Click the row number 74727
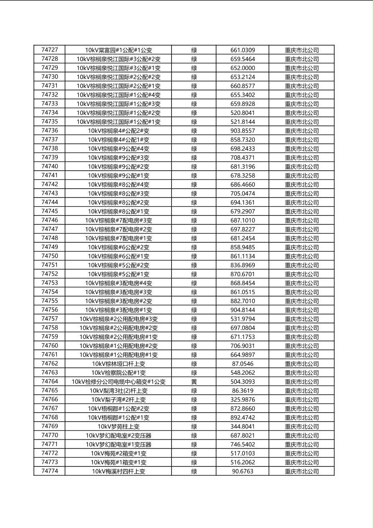50,50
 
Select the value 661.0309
243,50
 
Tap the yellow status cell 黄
194,382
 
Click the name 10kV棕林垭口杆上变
118,364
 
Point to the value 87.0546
243,364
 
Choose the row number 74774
50,471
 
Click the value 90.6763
243,472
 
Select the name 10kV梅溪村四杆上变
118,472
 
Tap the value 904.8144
243,310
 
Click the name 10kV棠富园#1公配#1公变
118,50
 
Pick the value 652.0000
243,68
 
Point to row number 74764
50,381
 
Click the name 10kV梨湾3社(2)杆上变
118,391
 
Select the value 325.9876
243,400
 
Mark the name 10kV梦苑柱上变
118,427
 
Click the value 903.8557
243,131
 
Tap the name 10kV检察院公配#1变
118,373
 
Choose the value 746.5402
243,444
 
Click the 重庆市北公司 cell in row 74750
302,256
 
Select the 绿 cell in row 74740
194,167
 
